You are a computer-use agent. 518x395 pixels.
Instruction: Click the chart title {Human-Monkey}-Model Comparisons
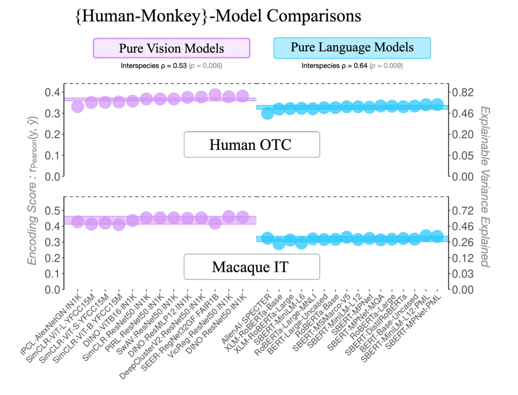click(218, 16)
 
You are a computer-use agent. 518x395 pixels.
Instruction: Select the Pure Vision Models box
click(171, 48)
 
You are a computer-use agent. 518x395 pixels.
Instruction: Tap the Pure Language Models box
click(352, 48)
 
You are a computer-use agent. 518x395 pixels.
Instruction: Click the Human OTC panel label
click(251, 145)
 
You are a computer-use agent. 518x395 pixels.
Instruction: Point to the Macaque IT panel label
click(251, 267)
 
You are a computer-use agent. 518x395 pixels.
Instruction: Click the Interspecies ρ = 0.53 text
click(154, 66)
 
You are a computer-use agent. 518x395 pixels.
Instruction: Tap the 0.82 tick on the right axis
click(463, 92)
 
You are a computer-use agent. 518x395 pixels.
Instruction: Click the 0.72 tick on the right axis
click(463, 210)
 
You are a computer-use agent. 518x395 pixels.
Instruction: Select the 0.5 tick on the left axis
click(52, 210)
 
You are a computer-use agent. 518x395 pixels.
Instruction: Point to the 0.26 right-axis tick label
click(463, 242)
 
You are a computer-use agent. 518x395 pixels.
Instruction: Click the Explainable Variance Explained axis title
click(485, 187)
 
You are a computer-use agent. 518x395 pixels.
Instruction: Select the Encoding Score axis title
click(32, 191)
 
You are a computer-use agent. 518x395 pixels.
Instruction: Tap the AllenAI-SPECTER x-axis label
click(247, 319)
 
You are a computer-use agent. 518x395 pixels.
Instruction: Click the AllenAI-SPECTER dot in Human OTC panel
click(267, 113)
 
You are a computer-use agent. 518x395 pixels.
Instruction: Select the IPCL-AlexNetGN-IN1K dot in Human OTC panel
click(78, 106)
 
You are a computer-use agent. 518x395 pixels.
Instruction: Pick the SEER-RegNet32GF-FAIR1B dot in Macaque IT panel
click(215, 223)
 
